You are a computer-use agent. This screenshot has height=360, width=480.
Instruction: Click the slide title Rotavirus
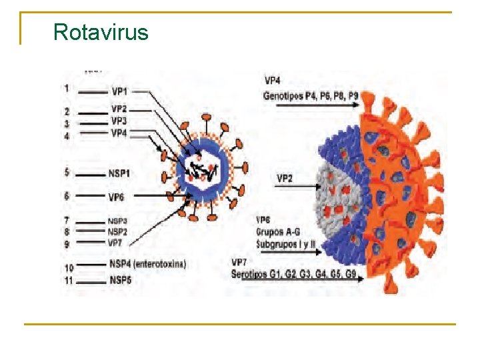click(101, 31)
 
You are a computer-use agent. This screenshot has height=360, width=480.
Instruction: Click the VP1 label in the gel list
click(120, 91)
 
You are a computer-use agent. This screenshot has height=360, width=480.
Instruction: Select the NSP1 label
click(120, 173)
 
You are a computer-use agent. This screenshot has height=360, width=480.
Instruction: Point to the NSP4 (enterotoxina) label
click(148, 264)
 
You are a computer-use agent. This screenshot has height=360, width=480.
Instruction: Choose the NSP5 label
click(121, 280)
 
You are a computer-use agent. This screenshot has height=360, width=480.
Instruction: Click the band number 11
click(67, 280)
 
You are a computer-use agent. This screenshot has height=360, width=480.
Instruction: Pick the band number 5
click(67, 173)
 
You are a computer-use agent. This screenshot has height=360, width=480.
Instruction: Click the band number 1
click(67, 88)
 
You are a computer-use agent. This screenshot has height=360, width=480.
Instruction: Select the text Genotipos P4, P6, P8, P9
click(311, 96)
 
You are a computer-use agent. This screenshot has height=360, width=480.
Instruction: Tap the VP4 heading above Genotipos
click(273, 81)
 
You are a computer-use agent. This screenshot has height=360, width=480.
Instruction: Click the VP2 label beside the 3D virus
click(285, 179)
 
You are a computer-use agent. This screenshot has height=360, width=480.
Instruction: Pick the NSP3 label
click(117, 221)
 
